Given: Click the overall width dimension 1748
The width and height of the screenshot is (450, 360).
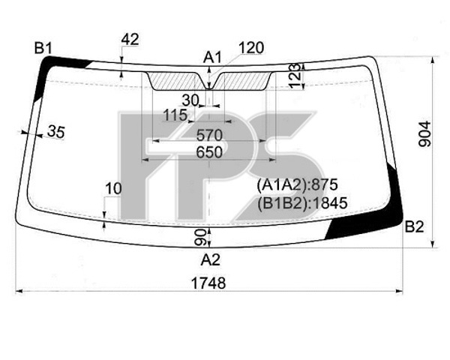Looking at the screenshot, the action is point(208,283).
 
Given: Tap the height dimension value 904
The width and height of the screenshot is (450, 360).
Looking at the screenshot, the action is point(424,134).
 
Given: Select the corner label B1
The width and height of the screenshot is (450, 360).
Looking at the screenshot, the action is point(43,48).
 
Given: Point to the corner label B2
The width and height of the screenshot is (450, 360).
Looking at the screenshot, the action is point(414,226).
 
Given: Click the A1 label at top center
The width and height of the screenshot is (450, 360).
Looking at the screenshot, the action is point(213,58).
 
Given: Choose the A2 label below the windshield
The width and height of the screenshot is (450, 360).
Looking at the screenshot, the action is point(210,260).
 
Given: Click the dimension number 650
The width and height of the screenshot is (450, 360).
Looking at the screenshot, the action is point(209,152).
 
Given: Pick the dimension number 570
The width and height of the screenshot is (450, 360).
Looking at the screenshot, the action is point(209,135).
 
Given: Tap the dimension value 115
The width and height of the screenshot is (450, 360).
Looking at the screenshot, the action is point(175,115).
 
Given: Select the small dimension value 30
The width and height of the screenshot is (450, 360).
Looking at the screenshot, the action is point(190,100).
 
